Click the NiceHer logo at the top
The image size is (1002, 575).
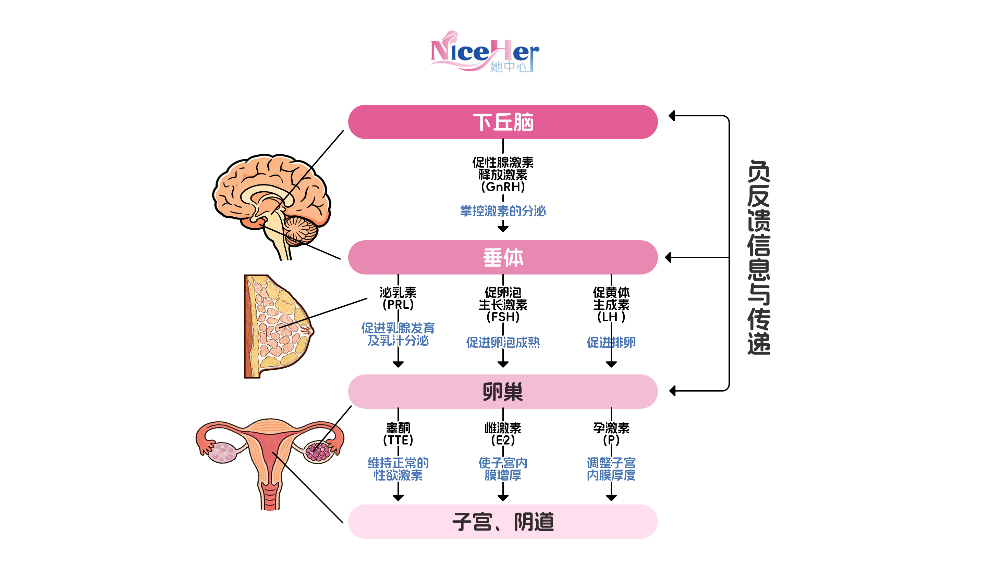(484, 52)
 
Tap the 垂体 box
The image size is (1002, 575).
(502, 257)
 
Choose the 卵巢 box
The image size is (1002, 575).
(502, 391)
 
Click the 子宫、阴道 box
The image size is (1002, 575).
(502, 522)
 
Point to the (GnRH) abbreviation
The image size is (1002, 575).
(503, 187)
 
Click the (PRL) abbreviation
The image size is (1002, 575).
(398, 305)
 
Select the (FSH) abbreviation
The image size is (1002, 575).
(503, 317)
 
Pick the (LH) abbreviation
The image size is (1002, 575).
(611, 317)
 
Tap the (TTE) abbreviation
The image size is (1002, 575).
(398, 440)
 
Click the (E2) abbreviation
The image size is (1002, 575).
(503, 440)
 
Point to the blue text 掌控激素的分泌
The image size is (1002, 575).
(503, 211)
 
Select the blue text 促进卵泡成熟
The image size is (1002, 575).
(503, 342)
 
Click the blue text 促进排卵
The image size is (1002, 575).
(611, 342)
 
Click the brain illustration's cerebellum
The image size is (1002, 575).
(301, 231)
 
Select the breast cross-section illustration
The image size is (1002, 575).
(277, 326)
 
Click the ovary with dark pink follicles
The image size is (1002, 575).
(318, 451)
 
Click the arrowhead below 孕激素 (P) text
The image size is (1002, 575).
(611, 498)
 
